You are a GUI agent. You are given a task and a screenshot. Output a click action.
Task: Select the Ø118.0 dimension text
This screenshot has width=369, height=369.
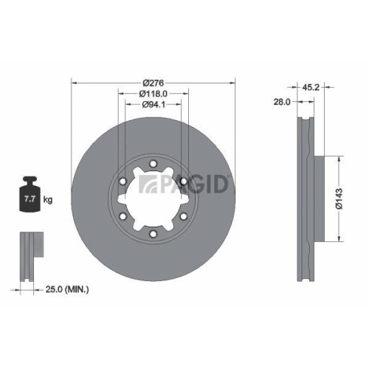(x=152, y=93)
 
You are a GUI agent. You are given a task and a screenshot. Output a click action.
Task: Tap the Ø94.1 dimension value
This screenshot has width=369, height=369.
(x=152, y=105)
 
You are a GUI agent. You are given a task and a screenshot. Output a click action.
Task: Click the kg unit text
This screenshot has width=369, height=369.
(x=48, y=200)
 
